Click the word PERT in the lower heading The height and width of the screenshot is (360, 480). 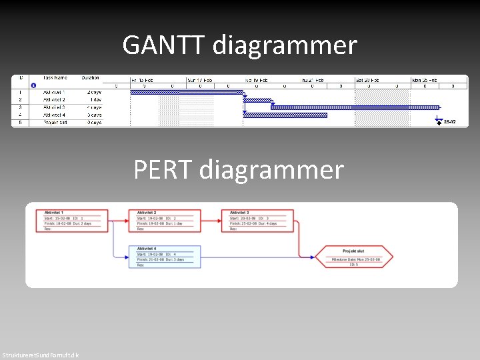(x=163, y=169)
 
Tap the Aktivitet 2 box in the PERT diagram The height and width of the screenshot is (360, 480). (x=167, y=221)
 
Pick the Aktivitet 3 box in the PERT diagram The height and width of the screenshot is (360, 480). (x=261, y=221)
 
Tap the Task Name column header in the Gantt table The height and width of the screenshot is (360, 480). (x=55, y=78)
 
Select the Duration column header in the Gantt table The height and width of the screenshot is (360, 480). (x=90, y=78)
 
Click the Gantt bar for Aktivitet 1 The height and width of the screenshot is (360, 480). (x=187, y=92)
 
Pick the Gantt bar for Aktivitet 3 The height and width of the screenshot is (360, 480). (x=355, y=107)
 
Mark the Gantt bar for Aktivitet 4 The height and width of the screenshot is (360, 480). (x=285, y=115)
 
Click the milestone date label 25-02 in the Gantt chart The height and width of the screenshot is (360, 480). (x=450, y=123)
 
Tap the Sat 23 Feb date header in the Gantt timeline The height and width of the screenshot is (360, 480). (x=368, y=79)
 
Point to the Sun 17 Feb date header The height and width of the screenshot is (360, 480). (x=200, y=79)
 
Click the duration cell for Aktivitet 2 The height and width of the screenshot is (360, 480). (x=93, y=99)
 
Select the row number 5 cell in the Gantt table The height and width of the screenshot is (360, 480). (x=20, y=123)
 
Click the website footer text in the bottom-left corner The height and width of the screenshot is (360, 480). (x=40, y=355)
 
